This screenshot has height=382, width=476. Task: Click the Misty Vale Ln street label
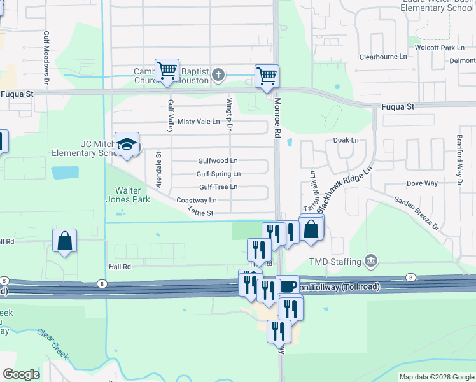[199, 122]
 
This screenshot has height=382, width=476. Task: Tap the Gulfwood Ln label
[218, 161]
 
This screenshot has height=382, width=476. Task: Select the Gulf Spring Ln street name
[218, 174]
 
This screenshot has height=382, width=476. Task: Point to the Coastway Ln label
[197, 201]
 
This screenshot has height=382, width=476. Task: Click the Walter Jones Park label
[132, 195]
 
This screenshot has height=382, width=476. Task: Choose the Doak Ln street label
[346, 140]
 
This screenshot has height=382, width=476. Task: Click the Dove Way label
[422, 183]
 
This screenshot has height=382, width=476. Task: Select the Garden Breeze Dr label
[416, 213]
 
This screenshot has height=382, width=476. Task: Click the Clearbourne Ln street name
[383, 57]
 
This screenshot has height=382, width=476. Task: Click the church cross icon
[218, 75]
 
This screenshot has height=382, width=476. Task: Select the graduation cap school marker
[127, 144]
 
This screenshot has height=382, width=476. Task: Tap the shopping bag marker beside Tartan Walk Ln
[311, 229]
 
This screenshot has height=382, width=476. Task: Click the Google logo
[21, 374]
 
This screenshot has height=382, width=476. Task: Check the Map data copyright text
[436, 377]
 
